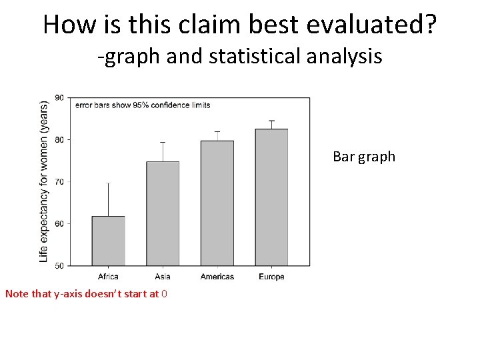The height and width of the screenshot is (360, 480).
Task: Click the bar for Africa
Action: coord(108,241)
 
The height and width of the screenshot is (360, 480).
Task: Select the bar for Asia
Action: coord(163,213)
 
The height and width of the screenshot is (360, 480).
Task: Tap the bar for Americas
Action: coord(217,203)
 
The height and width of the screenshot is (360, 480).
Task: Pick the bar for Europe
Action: coord(271,197)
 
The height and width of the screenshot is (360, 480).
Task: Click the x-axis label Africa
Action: coord(108,277)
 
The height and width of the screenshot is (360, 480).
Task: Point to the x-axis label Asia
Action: coord(163,277)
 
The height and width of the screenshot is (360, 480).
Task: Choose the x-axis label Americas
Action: coord(217,277)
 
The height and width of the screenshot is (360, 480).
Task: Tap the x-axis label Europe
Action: coord(271,277)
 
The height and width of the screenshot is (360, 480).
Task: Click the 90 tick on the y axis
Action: coord(59,98)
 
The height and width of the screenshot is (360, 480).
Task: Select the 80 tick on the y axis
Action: coord(59,140)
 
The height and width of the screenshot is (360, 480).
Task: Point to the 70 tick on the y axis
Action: coord(59,182)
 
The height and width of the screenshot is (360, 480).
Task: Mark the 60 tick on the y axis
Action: coord(59,224)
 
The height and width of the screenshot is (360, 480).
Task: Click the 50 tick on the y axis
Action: coord(59,266)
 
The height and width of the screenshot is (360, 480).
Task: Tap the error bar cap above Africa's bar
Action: coord(108,183)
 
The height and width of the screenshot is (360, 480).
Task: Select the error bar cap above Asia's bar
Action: coord(163,142)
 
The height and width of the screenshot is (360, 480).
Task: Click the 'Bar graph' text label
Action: coord(364,157)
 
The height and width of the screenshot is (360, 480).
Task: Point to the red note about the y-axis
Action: coord(86,293)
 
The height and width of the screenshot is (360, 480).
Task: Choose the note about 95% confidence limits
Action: coord(142,105)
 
